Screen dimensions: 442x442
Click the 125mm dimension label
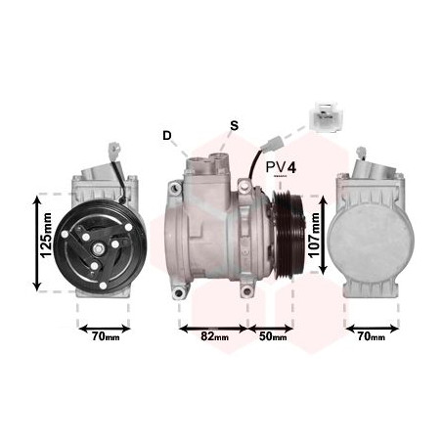[x=45, y=241]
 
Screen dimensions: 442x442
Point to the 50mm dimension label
[x=274, y=338]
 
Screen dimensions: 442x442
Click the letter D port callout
[x=167, y=135]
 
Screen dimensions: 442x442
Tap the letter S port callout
[x=234, y=125]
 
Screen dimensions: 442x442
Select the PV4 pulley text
[x=281, y=168]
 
